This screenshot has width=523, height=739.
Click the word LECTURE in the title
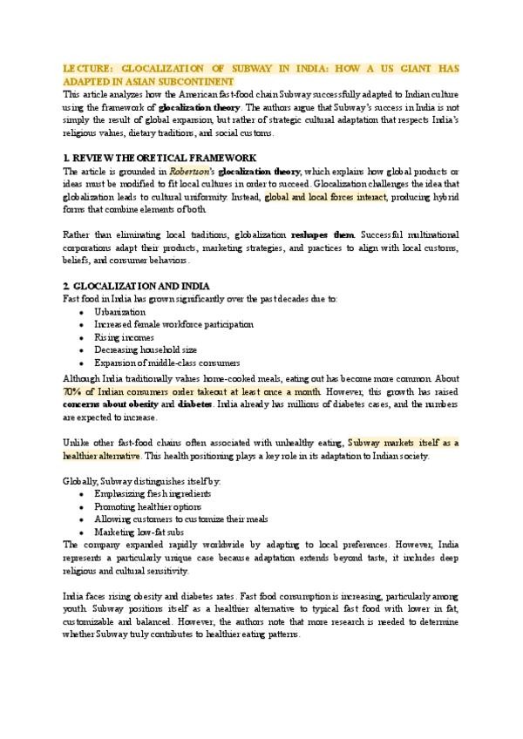click(86, 68)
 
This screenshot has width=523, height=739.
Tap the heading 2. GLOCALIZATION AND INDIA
click(136, 286)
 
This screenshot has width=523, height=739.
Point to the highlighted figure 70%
click(74, 393)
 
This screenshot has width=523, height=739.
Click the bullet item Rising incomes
click(125, 337)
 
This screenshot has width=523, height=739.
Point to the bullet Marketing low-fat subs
click(138, 532)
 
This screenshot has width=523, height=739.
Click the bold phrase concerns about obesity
click(112, 405)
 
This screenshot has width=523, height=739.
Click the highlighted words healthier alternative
click(101, 456)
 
